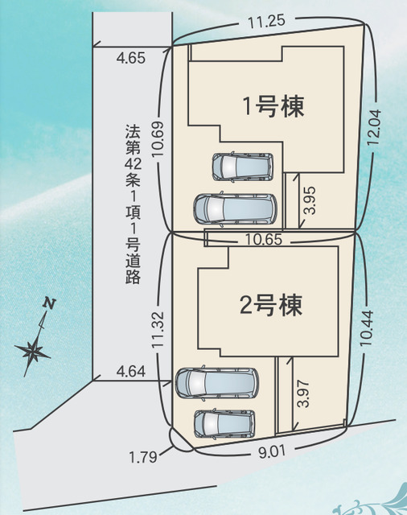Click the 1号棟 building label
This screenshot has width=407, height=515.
[273, 107]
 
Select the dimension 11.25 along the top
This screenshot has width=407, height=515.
[266, 23]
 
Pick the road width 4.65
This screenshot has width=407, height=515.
[130, 57]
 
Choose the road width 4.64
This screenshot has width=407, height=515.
[130, 371]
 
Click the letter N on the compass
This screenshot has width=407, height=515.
[50, 303]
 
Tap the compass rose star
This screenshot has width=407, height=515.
[33, 350]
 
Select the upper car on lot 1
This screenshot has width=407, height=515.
[243, 166]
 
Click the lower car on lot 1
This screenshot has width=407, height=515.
[236, 208]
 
